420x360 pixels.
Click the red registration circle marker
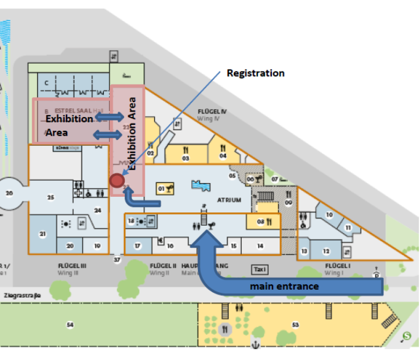[x=117, y=180]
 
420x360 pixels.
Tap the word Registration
[x=255, y=73]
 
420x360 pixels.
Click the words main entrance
[x=284, y=286]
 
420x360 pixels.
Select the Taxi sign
[x=259, y=269]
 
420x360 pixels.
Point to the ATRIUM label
[x=229, y=200]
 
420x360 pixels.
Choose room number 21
[x=43, y=234]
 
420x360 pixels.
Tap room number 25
[x=51, y=197]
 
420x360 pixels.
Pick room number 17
[x=137, y=245]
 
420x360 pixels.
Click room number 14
[x=260, y=245]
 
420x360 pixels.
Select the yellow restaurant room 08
[x=263, y=221]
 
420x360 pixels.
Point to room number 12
[x=326, y=251]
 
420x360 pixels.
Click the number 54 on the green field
[x=70, y=325]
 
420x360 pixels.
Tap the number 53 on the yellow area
[x=295, y=325]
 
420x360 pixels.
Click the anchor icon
[x=256, y=343]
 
